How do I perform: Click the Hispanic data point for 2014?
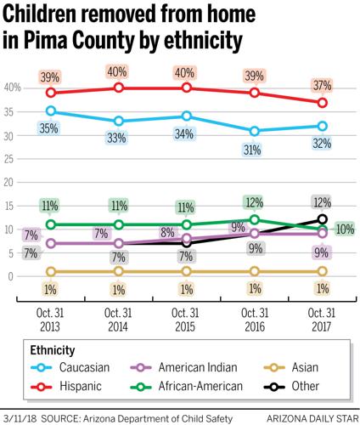pos(119,88)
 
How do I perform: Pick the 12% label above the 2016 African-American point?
pos(254,202)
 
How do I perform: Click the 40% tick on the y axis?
pos(13,88)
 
